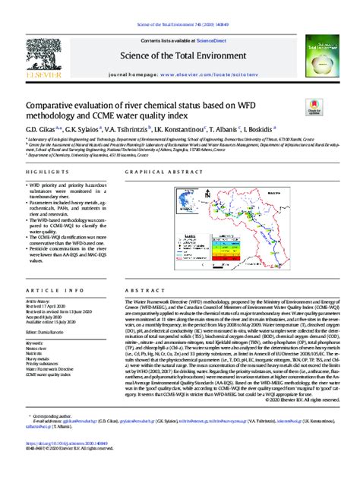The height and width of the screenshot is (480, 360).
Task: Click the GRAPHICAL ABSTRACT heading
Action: tap(160, 173)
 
